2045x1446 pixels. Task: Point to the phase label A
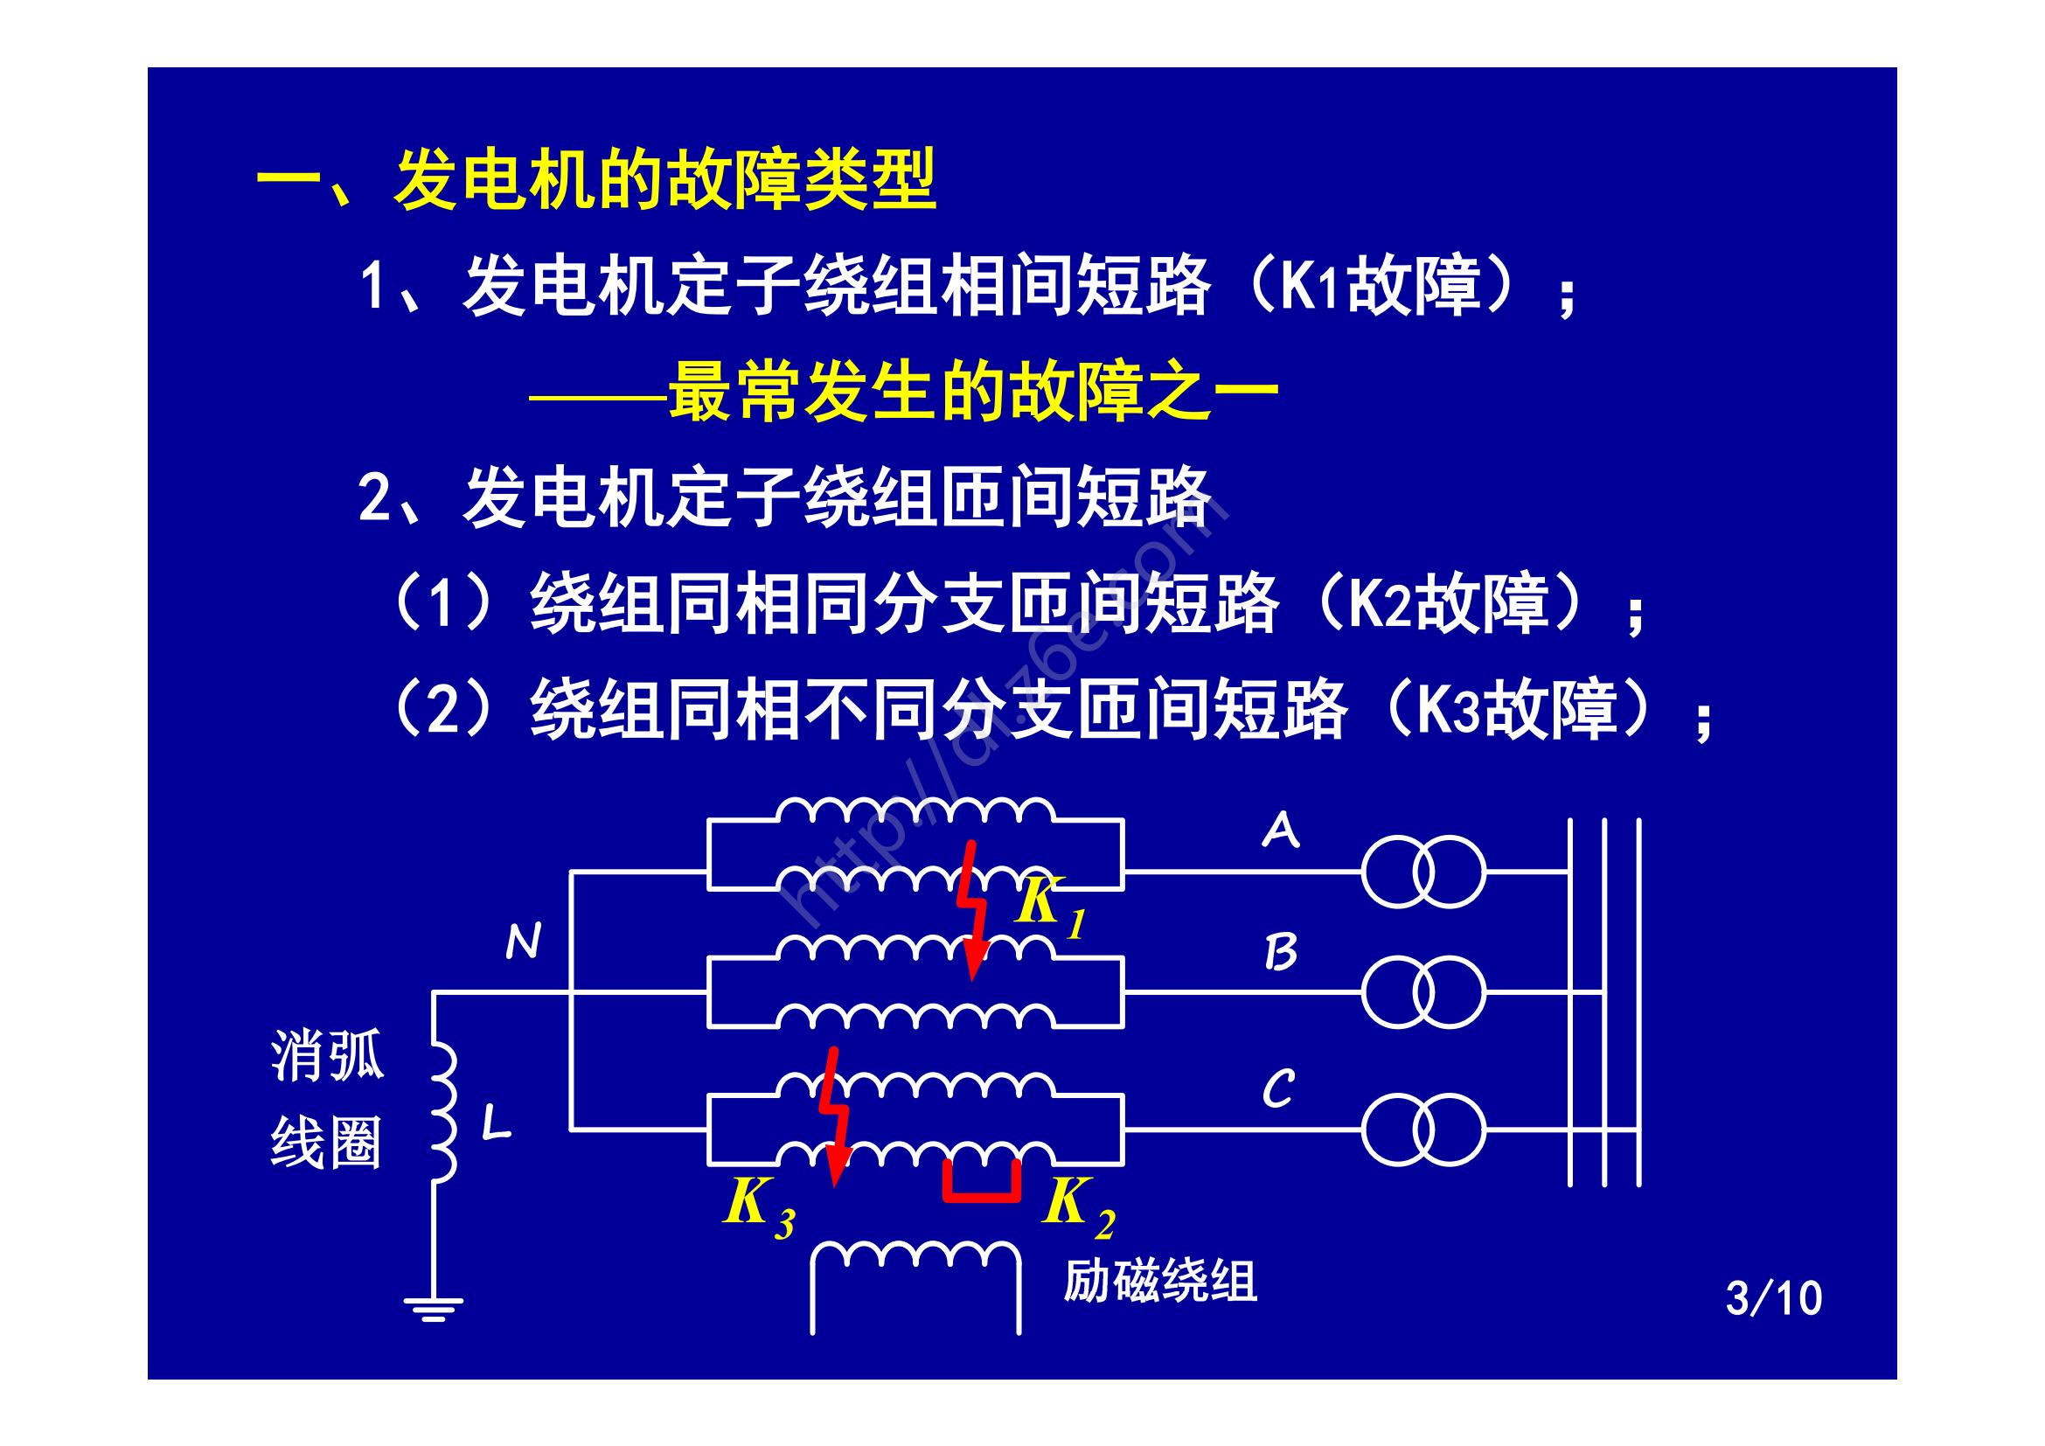click(x=1281, y=831)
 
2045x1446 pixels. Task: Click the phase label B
click(x=1281, y=953)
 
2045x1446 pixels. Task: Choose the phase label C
click(x=1279, y=1089)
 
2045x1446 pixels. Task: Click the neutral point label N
click(x=523, y=942)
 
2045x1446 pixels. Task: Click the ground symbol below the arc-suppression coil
click(x=434, y=1308)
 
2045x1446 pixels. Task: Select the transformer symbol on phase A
click(x=1423, y=872)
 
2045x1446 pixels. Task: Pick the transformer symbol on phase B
click(x=1423, y=992)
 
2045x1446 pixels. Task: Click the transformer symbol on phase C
click(x=1423, y=1130)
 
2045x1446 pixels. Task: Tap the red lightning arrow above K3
click(x=835, y=1116)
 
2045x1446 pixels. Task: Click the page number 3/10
click(x=1773, y=1299)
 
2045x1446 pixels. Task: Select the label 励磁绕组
click(x=1159, y=1282)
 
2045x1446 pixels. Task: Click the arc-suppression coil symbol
click(x=442, y=1113)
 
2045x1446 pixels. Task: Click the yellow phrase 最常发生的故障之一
click(x=972, y=392)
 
